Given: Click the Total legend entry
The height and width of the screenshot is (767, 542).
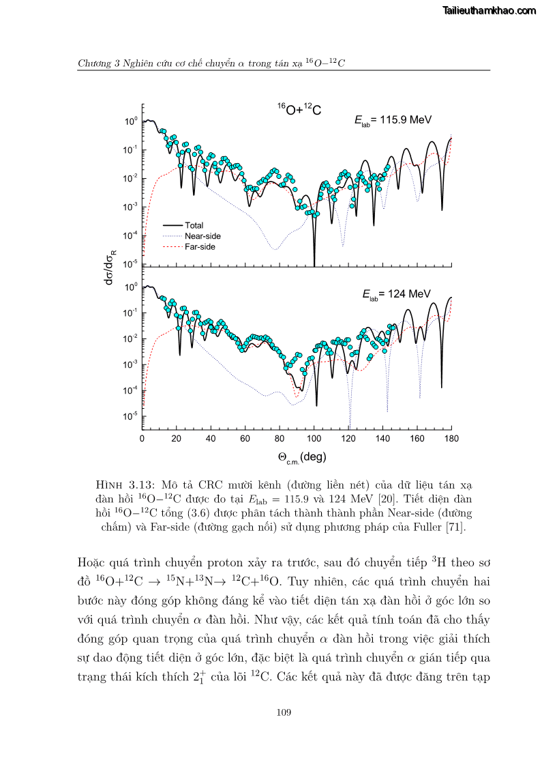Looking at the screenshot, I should pyautogui.click(x=194, y=225).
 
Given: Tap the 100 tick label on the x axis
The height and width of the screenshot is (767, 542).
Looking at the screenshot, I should pyautogui.click(x=314, y=439).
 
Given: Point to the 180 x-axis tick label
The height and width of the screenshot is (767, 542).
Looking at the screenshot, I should pyautogui.click(x=451, y=439).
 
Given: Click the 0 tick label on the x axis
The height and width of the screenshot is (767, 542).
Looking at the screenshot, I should pyautogui.click(x=142, y=439).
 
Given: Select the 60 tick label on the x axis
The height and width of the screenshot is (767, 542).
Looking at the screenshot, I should pyautogui.click(x=245, y=439).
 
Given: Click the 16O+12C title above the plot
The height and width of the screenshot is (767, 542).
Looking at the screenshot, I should pyautogui.click(x=299, y=109).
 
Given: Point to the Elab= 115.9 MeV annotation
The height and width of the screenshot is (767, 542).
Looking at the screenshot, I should pyautogui.click(x=393, y=120).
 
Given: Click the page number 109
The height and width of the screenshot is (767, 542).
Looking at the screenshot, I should pyautogui.click(x=284, y=712).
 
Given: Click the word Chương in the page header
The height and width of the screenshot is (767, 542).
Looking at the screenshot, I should pyautogui.click(x=95, y=63).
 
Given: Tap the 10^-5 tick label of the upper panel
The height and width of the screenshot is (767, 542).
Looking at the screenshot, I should pyautogui.click(x=131, y=264).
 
